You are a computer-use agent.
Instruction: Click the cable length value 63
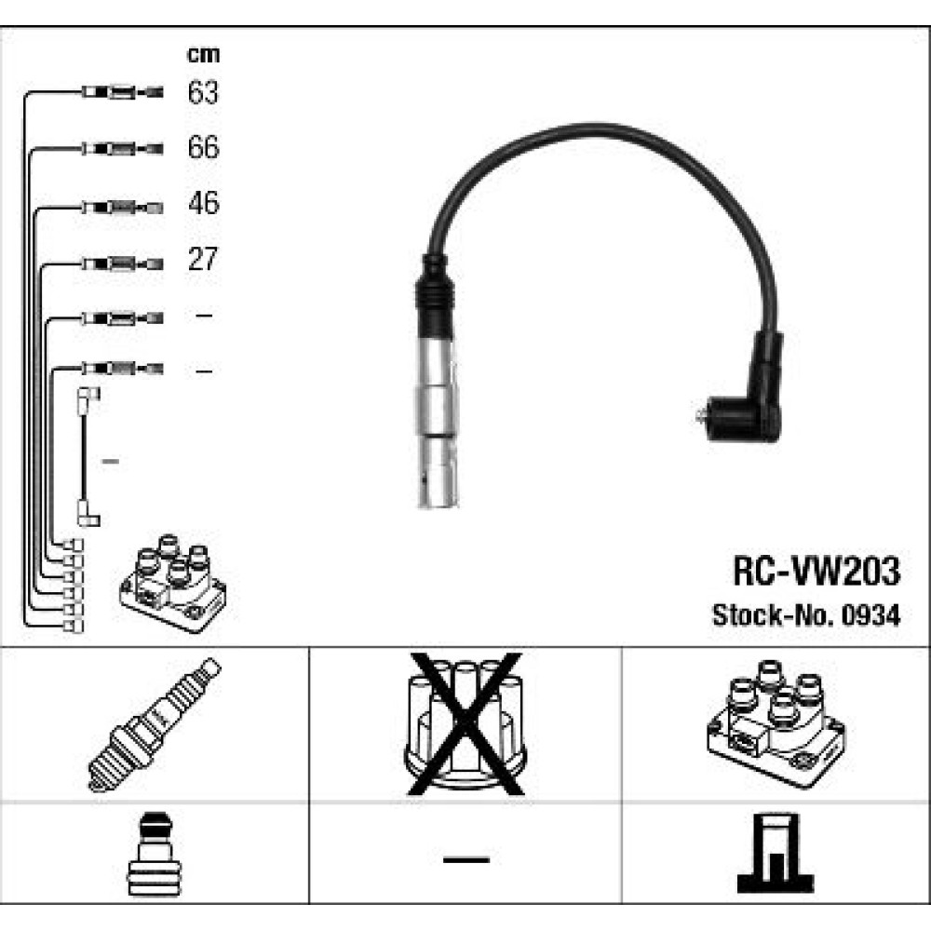pyautogui.click(x=203, y=93)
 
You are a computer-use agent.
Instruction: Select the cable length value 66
pyautogui.click(x=203, y=148)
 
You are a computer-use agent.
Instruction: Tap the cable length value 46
pyautogui.click(x=203, y=204)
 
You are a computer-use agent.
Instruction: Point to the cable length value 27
pyautogui.click(x=203, y=259)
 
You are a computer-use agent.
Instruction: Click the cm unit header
pyautogui.click(x=203, y=55)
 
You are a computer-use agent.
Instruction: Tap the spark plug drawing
pyautogui.click(x=154, y=723)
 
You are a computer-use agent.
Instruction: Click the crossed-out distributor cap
pyautogui.click(x=465, y=724)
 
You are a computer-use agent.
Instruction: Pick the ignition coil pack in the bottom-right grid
pyautogui.click(x=776, y=723)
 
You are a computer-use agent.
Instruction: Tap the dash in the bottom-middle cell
pyautogui.click(x=465, y=857)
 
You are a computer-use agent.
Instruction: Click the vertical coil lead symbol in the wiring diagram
pyautogui.click(x=86, y=456)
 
